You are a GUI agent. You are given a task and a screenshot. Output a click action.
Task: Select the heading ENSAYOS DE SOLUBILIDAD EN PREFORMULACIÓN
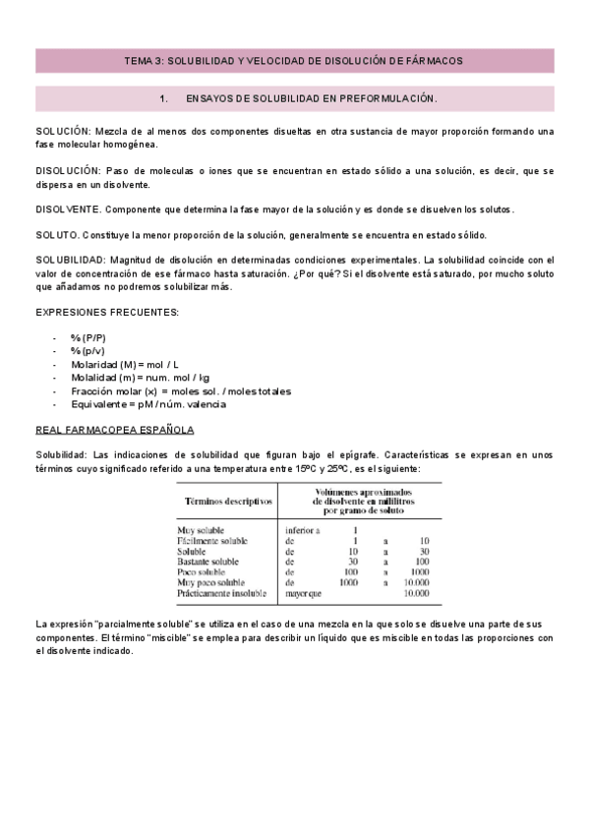click(311, 99)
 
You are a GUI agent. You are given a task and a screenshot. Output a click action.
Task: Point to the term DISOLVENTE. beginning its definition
click(68, 209)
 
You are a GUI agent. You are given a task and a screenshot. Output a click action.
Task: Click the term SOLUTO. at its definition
click(58, 235)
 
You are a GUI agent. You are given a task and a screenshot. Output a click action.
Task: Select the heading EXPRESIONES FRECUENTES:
click(107, 312)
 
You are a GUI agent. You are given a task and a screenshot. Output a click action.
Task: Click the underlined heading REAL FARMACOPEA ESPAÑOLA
click(114, 430)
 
